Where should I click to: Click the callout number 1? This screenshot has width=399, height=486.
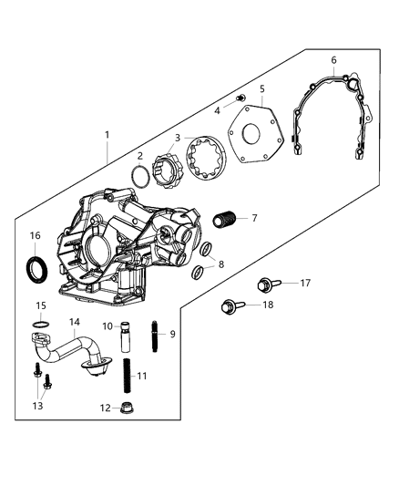tap(107, 135)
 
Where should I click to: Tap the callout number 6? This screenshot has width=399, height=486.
tap(333, 60)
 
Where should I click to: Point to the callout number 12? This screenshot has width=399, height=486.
tap(104, 408)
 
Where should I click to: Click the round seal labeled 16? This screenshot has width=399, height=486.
tap(37, 268)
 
